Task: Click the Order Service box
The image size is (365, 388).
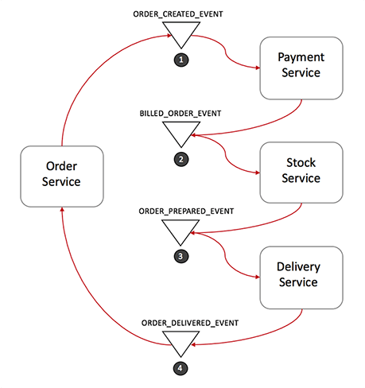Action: click(x=62, y=177)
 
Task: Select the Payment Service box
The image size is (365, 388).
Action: click(x=301, y=68)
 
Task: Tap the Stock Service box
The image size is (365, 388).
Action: click(x=301, y=173)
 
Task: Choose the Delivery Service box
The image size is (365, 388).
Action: click(x=301, y=277)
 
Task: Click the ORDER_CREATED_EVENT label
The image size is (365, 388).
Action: click(x=178, y=14)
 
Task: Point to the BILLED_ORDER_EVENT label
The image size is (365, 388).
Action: click(x=181, y=114)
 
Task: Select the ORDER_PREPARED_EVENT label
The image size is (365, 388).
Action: click(x=186, y=211)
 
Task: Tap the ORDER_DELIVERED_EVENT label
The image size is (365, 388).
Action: click(x=190, y=323)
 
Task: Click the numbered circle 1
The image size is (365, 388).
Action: click(x=181, y=60)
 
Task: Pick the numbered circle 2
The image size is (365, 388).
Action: click(x=181, y=159)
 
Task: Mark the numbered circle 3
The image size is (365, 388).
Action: click(x=181, y=256)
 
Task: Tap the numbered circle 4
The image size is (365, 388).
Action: click(x=181, y=368)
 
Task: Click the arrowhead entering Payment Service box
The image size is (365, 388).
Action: click(x=258, y=68)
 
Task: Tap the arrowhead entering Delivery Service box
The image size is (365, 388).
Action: click(x=258, y=277)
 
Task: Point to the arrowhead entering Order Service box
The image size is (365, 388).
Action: click(x=62, y=209)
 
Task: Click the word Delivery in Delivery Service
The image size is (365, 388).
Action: click(x=298, y=267)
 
